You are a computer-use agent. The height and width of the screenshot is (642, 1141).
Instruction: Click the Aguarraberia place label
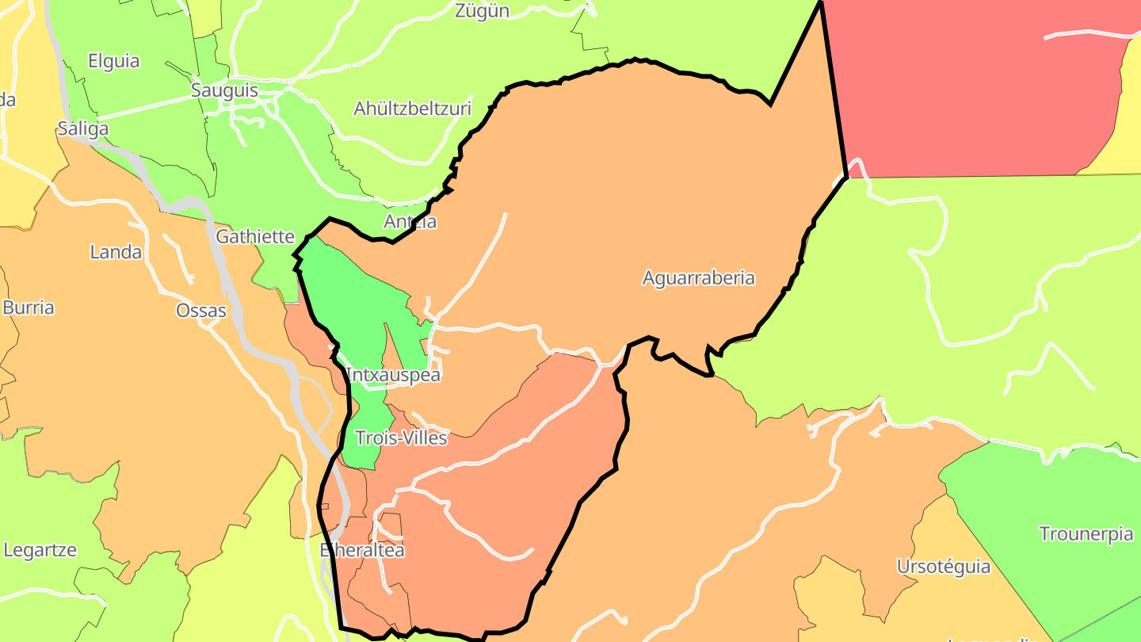pyautogui.click(x=698, y=278)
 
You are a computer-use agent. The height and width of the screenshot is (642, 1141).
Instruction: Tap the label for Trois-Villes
pyautogui.click(x=401, y=438)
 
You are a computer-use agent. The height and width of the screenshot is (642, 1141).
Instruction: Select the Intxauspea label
pyautogui.click(x=393, y=375)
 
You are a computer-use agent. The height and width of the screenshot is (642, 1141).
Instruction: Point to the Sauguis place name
pyautogui.click(x=224, y=90)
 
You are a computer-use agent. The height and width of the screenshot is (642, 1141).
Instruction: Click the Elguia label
pyautogui.click(x=113, y=61)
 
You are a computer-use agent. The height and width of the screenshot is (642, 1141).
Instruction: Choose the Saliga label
pyautogui.click(x=82, y=128)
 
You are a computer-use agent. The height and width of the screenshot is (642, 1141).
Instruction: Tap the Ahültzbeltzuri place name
pyautogui.click(x=412, y=108)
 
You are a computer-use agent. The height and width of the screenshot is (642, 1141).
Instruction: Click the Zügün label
pyautogui.click(x=482, y=11)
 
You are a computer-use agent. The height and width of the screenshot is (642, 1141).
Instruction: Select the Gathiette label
pyautogui.click(x=255, y=236)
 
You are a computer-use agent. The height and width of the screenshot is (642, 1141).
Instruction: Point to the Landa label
pyautogui.click(x=116, y=252)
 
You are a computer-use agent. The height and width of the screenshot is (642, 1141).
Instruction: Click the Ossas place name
pyautogui.click(x=201, y=311)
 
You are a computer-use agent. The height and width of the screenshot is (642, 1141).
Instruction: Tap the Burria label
pyautogui.click(x=29, y=308)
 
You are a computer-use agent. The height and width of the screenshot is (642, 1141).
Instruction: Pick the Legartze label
pyautogui.click(x=40, y=549)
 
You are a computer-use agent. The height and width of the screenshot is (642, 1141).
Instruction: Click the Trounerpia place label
pyautogui.click(x=1086, y=534)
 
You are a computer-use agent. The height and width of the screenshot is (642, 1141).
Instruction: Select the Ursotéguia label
pyautogui.click(x=943, y=567)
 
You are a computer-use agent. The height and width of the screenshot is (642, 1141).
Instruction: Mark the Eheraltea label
pyautogui.click(x=362, y=550)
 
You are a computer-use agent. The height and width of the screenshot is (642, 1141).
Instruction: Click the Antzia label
pyautogui.click(x=410, y=222)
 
